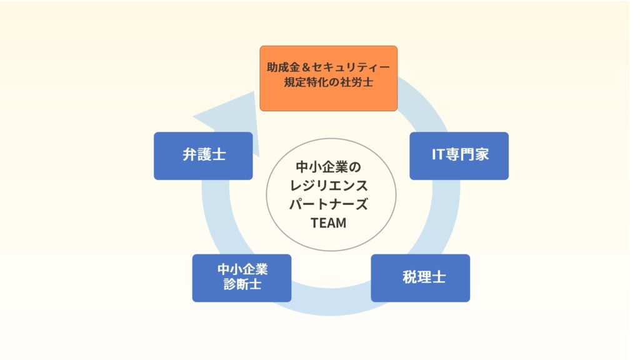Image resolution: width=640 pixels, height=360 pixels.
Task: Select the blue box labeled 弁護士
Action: [x=203, y=156]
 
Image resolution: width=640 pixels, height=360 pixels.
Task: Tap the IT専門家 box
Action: [x=459, y=156]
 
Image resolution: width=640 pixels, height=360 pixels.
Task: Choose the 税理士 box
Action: [x=420, y=277]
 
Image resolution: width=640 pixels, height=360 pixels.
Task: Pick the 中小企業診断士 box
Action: [x=241, y=277]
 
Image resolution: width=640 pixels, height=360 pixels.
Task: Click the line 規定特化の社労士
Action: [x=328, y=82]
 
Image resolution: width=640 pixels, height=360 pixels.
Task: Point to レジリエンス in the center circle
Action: [x=328, y=186]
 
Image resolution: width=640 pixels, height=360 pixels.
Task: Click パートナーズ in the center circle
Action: [x=328, y=204]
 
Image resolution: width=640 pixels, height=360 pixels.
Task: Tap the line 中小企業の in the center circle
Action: [x=328, y=167]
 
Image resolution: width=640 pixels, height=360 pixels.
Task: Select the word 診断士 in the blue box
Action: [x=241, y=285]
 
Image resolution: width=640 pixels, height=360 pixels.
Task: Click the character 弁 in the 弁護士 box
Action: [x=189, y=156]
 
